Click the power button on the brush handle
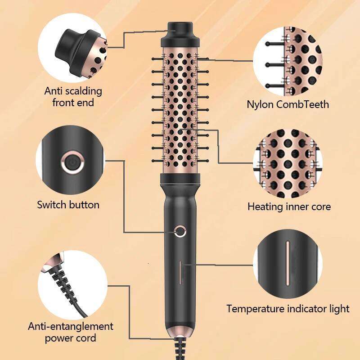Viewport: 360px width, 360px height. tap(180, 231)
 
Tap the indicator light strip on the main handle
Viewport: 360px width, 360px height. tap(180, 272)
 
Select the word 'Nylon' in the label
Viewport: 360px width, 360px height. tap(261, 105)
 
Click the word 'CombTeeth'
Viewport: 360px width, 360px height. tap(302, 104)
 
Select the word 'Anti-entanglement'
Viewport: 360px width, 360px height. tap(71, 326)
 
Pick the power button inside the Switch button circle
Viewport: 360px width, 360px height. tap(72, 162)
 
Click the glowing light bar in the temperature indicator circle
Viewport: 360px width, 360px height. tap(288, 263)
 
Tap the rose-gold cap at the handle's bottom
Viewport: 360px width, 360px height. tap(180, 332)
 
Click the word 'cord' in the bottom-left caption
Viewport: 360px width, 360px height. tap(87, 338)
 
